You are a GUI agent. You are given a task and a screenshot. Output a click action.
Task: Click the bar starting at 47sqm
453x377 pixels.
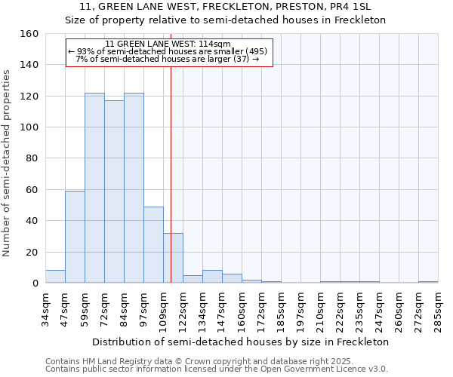[75, 237]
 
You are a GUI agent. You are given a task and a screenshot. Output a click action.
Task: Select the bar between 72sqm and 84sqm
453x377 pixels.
[114, 192]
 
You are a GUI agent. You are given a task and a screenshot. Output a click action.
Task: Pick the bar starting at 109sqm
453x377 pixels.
[173, 258]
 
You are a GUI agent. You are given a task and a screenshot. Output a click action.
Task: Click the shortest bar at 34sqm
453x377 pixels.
[55, 277]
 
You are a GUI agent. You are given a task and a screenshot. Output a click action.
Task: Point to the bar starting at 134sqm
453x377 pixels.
[212, 277]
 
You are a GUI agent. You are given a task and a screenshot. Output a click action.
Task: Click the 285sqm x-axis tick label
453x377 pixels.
[438, 310]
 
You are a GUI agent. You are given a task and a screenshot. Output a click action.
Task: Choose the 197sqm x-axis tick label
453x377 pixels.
[300, 310]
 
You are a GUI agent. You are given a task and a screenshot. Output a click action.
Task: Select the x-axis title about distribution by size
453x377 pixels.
[241, 342]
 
